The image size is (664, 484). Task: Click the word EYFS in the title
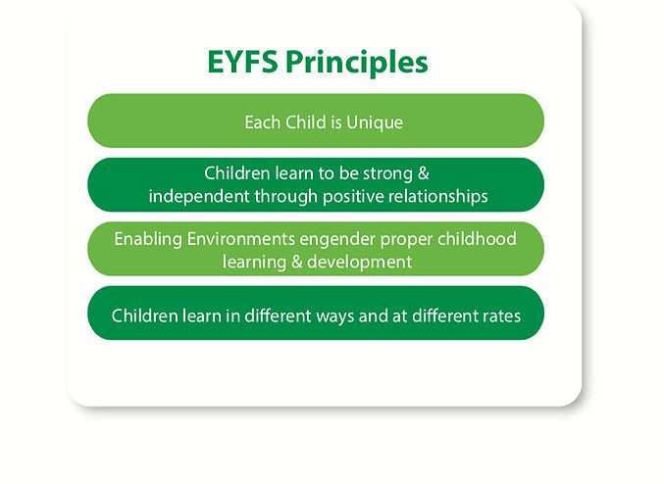pyautogui.click(x=242, y=62)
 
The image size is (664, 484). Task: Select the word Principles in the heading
pyautogui.click(x=357, y=64)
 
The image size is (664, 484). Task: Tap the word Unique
pyautogui.click(x=375, y=122)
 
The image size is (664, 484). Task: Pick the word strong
pyautogui.click(x=387, y=173)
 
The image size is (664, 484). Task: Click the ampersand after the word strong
pyautogui.click(x=424, y=173)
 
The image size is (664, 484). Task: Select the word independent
pyautogui.click(x=199, y=197)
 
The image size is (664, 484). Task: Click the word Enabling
pyautogui.click(x=148, y=239)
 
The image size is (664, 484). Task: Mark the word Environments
pyautogui.click(x=241, y=239)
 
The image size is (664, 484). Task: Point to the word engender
pyautogui.click(x=337, y=240)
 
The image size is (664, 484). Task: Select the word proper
pyautogui.click(x=406, y=240)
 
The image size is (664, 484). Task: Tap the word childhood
pyautogui.click(x=478, y=239)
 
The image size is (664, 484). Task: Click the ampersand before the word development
pyautogui.click(x=297, y=262)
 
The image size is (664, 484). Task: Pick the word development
pyautogui.click(x=360, y=263)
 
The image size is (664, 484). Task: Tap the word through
pyautogui.click(x=286, y=197)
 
